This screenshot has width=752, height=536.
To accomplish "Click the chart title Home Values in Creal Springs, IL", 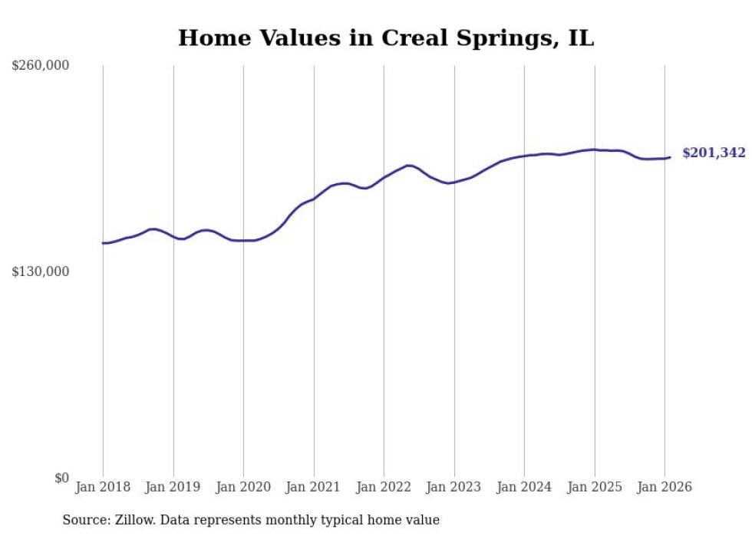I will coord(386,38).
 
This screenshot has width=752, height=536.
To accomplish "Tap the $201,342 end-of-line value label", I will coord(714,153).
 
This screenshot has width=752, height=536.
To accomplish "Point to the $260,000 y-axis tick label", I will coord(41,66).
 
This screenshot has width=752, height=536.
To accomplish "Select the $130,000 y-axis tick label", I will coord(41,271).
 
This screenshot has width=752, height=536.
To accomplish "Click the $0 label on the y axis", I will coord(61,478).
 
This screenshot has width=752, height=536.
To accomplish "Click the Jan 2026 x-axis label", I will coord(665,487).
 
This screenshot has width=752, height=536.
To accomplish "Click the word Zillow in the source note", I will coord(140,520).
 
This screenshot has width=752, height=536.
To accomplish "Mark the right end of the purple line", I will coord(670,157).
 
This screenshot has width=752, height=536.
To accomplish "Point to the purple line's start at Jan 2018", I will coord(104,243).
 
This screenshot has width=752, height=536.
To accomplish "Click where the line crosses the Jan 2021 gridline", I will coord(314,199).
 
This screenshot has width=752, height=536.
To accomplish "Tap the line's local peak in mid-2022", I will coord(409,165).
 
